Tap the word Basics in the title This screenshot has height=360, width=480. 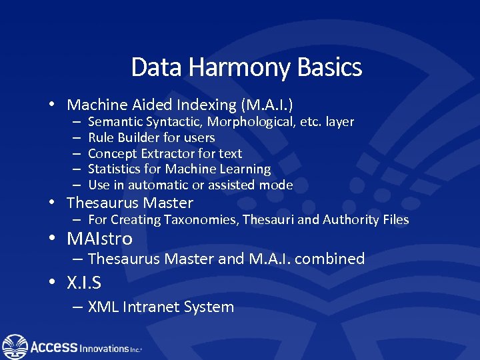331,68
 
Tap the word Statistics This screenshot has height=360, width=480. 115,169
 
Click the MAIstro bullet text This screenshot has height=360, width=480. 100,239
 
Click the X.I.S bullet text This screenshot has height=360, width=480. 84,283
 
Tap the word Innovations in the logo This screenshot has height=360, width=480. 103,348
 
